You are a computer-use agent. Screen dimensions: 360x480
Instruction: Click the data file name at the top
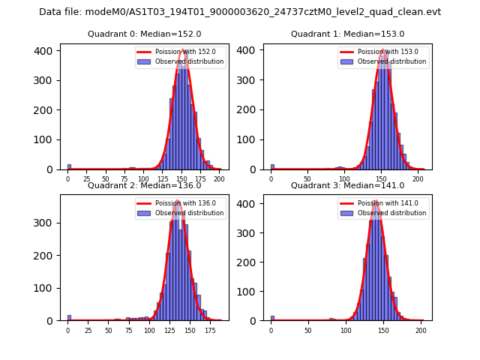point(240,12)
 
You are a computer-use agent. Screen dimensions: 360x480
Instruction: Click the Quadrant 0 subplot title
point(144,34)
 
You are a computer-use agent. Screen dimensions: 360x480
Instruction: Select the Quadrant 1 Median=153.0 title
point(347,34)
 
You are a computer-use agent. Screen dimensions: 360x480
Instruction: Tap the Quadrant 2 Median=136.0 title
point(144,185)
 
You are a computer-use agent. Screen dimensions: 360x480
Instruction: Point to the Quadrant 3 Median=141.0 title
point(347,185)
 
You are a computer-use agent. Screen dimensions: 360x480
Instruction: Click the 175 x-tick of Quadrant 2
point(210,330)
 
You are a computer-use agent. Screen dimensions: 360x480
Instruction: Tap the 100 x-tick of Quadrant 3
point(346,330)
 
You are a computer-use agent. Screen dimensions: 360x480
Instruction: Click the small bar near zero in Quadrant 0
point(69,167)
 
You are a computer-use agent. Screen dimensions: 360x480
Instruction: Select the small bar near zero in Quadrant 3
point(272,318)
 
